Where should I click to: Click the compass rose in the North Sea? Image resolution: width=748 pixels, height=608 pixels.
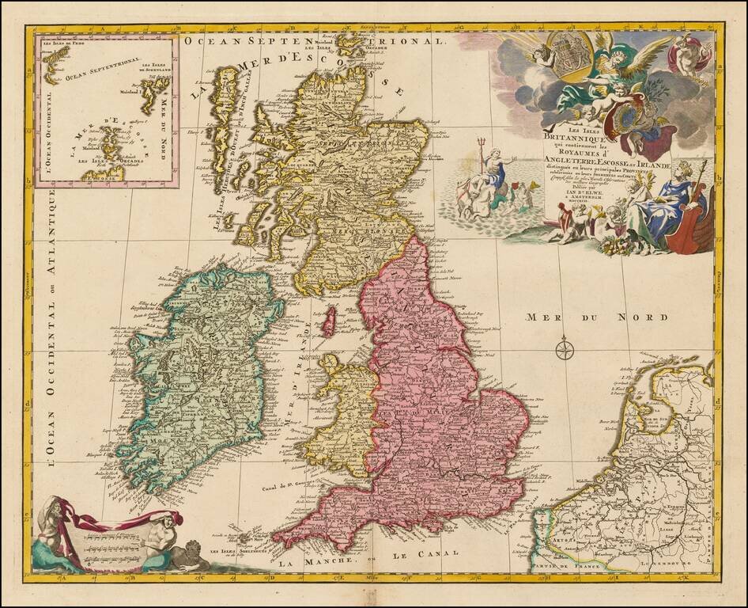pyautogui.click(x=564, y=348)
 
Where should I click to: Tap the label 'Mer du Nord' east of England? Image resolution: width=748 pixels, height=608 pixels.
pyautogui.click(x=597, y=317)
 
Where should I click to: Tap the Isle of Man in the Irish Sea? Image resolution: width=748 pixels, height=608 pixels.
pyautogui.click(x=334, y=321)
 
